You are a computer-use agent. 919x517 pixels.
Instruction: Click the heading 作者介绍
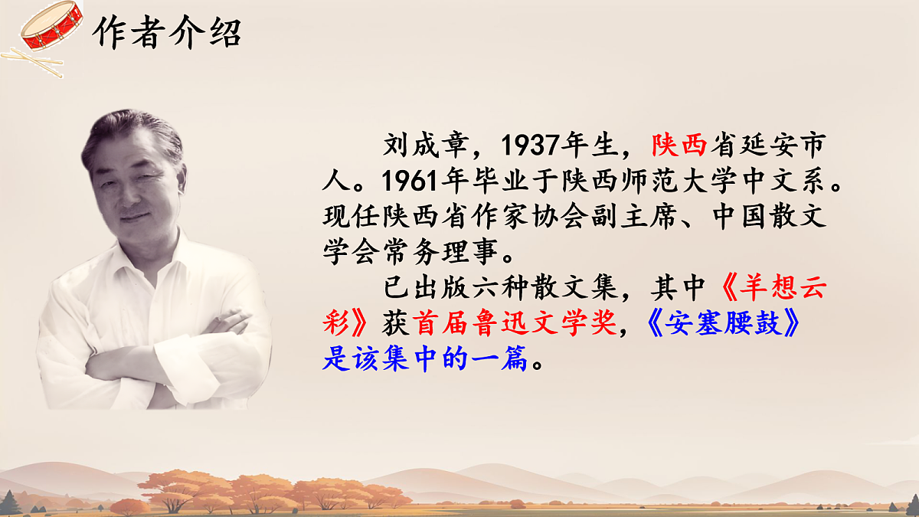point(166,32)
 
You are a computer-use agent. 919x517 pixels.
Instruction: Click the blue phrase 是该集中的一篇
point(425,359)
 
